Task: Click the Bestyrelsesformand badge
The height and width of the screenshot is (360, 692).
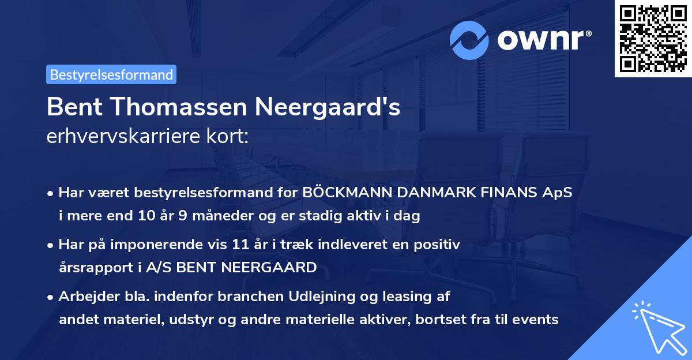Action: (x=111, y=74)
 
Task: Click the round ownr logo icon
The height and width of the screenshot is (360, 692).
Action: (x=469, y=40)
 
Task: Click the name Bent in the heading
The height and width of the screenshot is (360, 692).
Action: (x=72, y=107)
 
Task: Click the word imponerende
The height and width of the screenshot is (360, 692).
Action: (x=175, y=245)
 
